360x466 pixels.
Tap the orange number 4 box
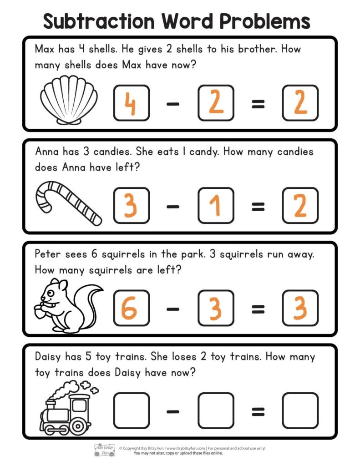click(x=131, y=103)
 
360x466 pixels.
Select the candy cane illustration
click(x=68, y=203)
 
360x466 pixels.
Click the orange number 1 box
click(x=215, y=206)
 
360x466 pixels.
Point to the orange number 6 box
click(x=131, y=309)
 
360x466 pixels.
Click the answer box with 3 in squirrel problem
click(x=300, y=309)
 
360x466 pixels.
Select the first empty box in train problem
click(x=131, y=411)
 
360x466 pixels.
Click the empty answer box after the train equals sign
click(x=300, y=411)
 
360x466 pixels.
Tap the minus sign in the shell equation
click(x=173, y=104)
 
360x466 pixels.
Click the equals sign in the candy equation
click(x=258, y=207)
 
